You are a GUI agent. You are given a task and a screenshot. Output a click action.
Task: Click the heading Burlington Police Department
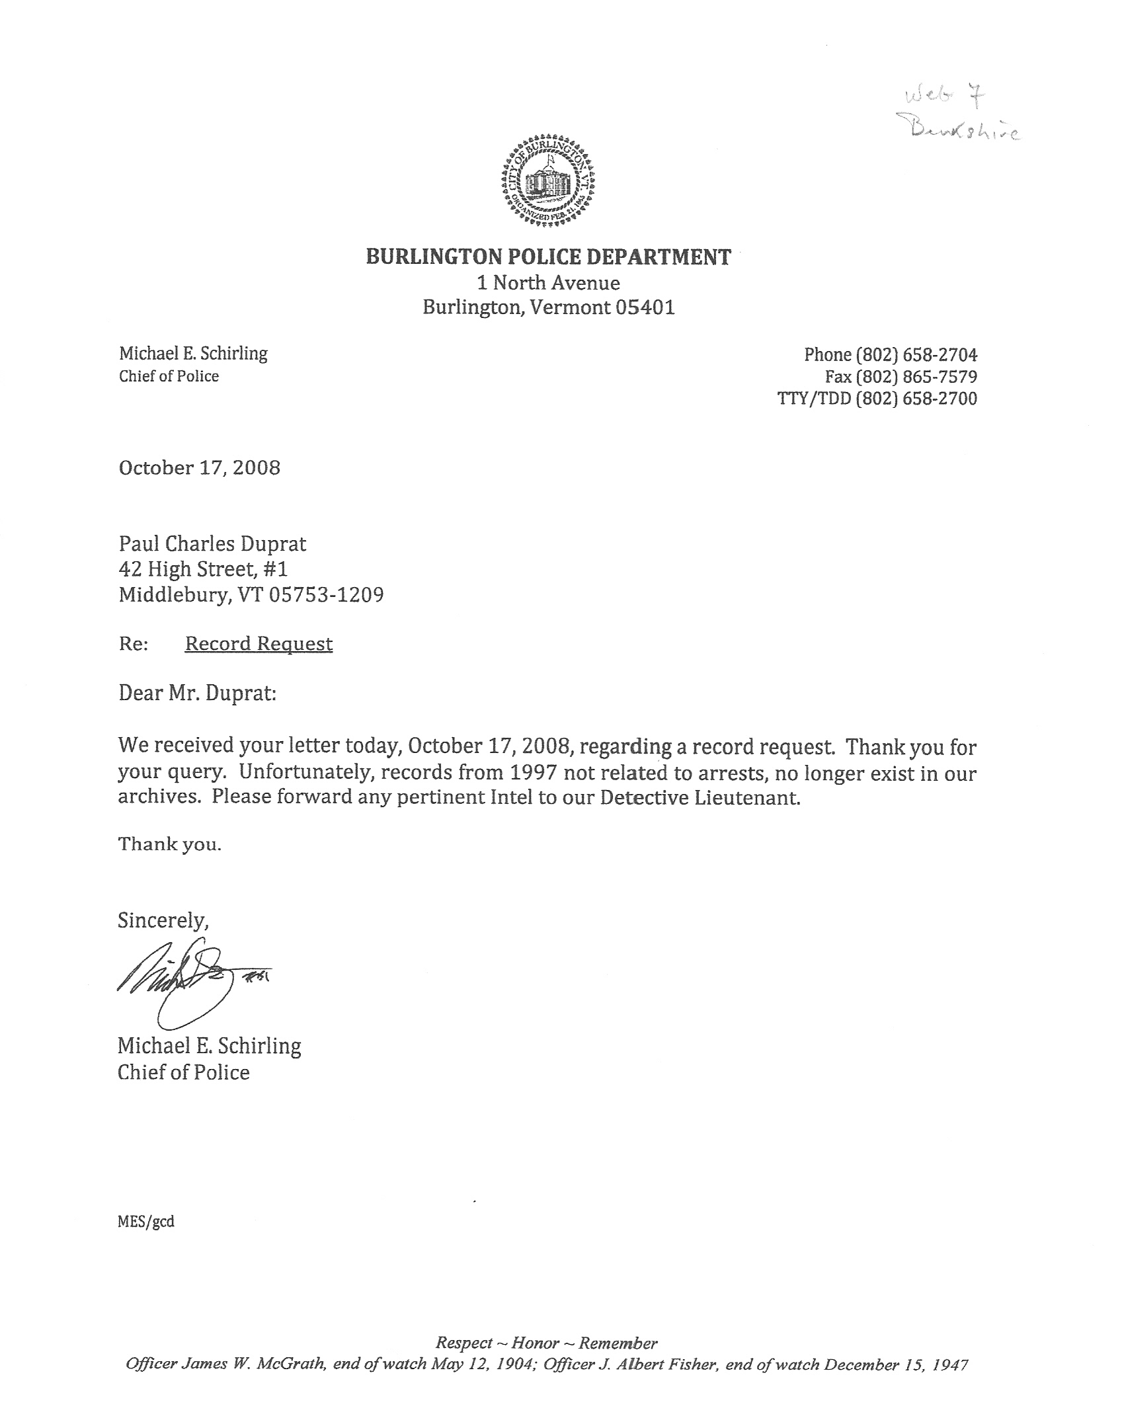pyautogui.click(x=548, y=257)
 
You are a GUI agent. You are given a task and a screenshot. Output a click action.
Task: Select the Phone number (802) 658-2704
pyautogui.click(x=916, y=355)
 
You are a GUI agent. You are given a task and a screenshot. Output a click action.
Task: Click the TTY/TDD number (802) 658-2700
pyautogui.click(x=916, y=399)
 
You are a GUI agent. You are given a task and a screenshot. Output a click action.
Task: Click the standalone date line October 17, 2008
pyautogui.click(x=199, y=468)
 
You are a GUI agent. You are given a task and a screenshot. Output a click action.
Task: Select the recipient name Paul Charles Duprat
pyautogui.click(x=212, y=544)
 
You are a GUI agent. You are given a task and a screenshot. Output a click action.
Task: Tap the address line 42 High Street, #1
pyautogui.click(x=203, y=569)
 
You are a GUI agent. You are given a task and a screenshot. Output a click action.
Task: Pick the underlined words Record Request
pyautogui.click(x=259, y=644)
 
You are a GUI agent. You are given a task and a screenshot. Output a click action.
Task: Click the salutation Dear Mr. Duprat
pyautogui.click(x=197, y=694)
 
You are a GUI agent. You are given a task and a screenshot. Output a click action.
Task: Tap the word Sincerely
pyautogui.click(x=163, y=920)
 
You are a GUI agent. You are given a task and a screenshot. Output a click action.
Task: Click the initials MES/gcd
pyautogui.click(x=146, y=1222)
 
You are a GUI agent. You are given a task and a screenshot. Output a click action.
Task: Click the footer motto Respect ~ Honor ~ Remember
pyautogui.click(x=547, y=1343)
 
